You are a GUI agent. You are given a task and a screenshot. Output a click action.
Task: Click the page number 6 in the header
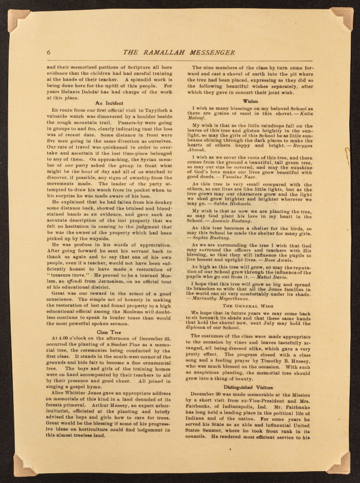(48, 52)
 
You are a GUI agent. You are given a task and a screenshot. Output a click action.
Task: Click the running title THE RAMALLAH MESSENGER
(179, 52)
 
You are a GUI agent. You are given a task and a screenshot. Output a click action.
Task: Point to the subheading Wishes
(250, 101)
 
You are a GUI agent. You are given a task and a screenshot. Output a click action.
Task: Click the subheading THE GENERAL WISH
(250, 305)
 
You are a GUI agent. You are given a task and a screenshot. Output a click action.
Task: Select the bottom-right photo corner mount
(339, 463)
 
